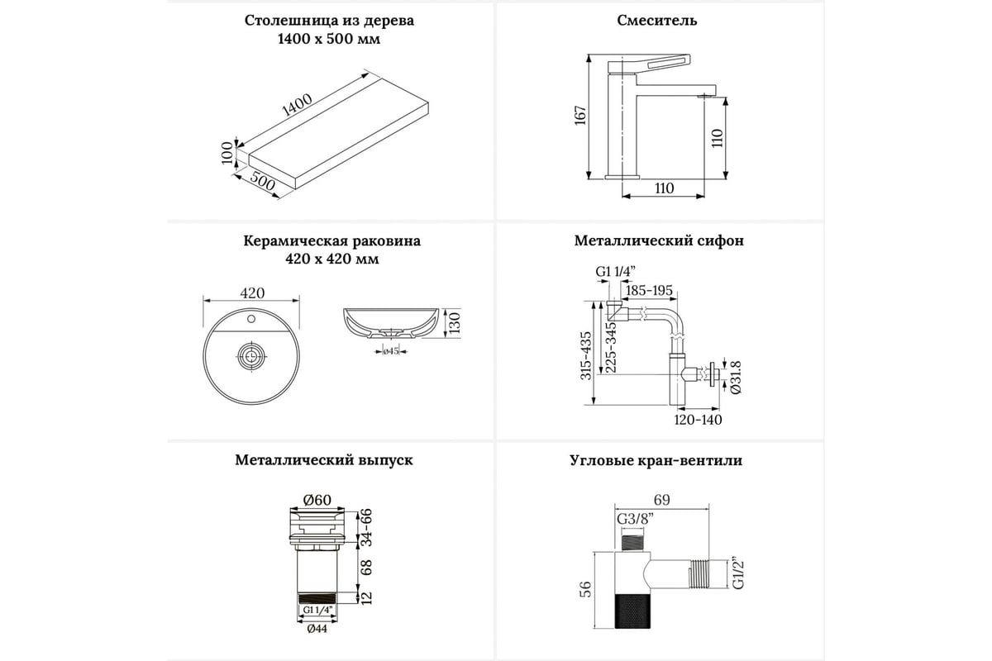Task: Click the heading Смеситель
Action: click(x=657, y=21)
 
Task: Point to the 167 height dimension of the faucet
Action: click(x=580, y=117)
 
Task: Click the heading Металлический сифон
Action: click(x=659, y=241)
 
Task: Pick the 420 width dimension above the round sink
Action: click(x=251, y=293)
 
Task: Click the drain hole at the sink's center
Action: click(x=250, y=357)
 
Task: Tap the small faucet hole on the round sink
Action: click(x=250, y=317)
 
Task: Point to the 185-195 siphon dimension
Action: click(x=649, y=290)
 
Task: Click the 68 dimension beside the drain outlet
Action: click(x=365, y=567)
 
